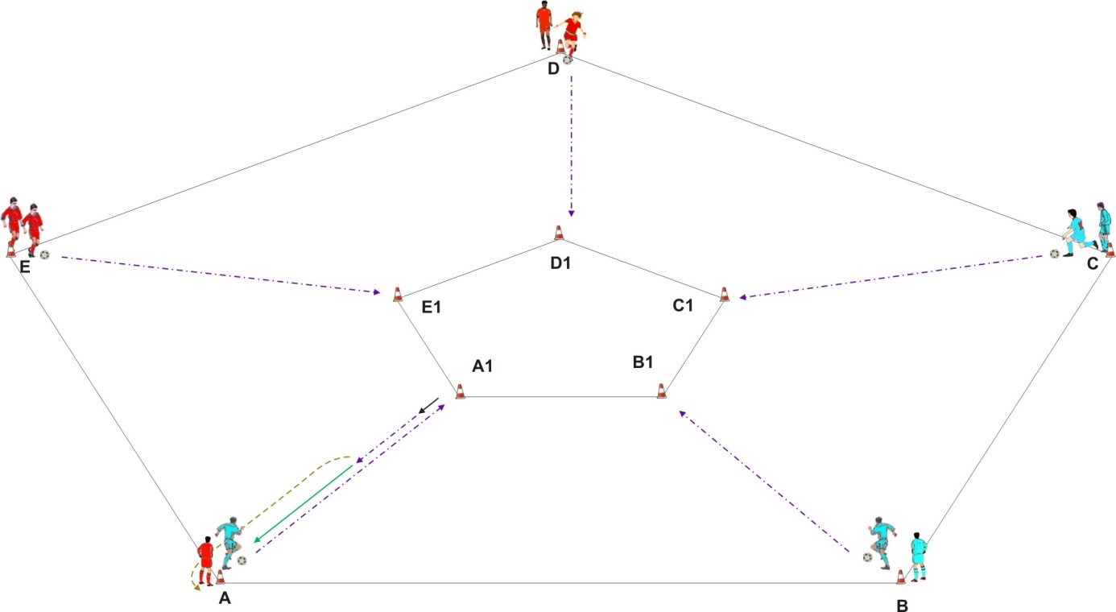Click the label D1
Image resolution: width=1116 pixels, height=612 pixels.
click(560, 263)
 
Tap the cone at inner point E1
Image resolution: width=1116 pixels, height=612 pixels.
click(398, 295)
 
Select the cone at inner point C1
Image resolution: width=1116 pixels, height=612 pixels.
click(725, 294)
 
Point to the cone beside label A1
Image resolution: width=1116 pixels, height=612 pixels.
click(461, 391)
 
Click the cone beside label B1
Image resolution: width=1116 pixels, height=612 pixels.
click(662, 391)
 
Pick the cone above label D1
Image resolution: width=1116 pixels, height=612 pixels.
click(559, 233)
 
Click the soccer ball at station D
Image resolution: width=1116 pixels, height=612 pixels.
click(568, 60)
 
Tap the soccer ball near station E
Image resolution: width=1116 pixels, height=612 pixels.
click(45, 254)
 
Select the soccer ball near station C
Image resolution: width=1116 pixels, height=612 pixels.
click(1055, 254)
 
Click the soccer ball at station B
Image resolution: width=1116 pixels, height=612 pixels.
click(868, 557)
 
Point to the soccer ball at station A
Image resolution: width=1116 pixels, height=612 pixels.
click(242, 560)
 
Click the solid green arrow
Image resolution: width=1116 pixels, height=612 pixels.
click(304, 504)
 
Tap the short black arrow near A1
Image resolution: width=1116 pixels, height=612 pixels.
click(428, 406)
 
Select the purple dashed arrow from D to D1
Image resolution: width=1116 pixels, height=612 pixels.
click(572, 146)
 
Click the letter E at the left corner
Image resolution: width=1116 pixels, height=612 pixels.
click(25, 267)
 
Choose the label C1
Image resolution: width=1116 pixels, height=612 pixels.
click(683, 305)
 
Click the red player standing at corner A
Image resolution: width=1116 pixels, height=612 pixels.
click(206, 561)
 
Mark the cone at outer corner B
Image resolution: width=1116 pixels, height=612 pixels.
click(901, 577)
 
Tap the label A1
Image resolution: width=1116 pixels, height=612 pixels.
click(482, 366)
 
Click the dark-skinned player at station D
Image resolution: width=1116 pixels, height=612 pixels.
click(544, 25)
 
